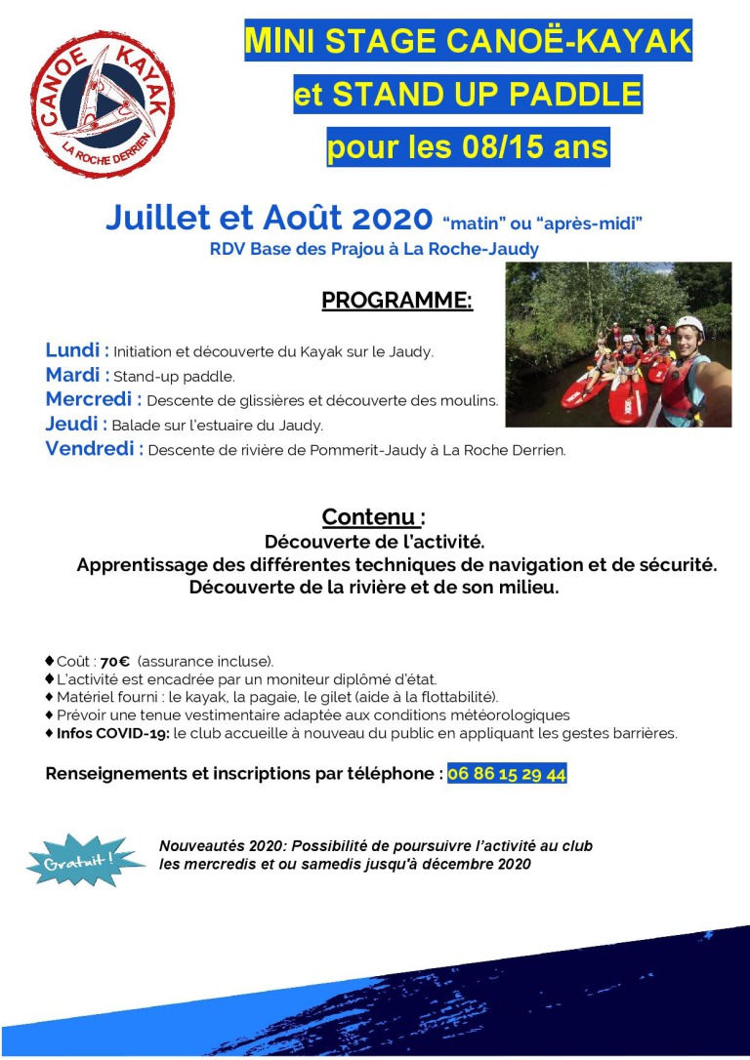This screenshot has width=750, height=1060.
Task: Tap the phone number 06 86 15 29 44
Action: [507, 774]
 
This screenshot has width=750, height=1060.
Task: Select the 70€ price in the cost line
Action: [114, 661]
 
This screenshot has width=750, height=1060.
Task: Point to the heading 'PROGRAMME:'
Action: [396, 300]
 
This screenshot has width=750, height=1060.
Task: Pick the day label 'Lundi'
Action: [73, 350]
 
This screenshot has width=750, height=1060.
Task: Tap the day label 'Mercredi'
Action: [91, 399]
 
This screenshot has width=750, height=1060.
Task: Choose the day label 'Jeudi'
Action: [72, 425]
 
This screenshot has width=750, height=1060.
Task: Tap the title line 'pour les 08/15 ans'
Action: [468, 148]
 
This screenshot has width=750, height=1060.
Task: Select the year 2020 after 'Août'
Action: [389, 219]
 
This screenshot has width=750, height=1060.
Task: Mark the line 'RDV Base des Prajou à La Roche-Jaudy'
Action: [374, 249]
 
